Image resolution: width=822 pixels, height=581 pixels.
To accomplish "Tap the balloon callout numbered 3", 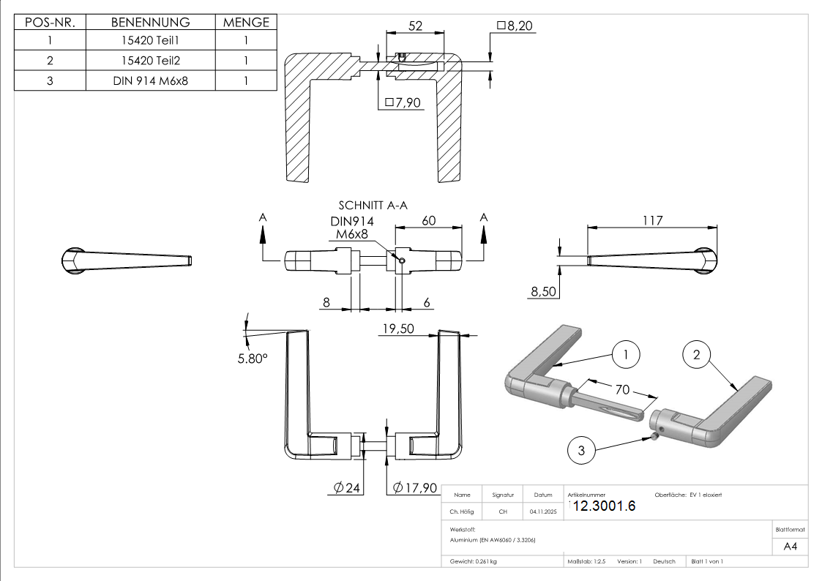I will tap(582, 451).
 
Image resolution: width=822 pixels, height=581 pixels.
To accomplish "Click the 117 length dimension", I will tap(652, 220).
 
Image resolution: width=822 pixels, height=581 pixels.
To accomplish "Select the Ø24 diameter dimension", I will tap(348, 488).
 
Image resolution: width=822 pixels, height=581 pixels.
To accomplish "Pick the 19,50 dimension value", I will tap(397, 329).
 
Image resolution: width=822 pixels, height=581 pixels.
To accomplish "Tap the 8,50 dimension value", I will tap(544, 292).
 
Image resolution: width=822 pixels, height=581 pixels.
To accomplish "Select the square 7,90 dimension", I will tap(403, 103).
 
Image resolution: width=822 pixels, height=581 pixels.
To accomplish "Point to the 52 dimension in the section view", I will tap(416, 26).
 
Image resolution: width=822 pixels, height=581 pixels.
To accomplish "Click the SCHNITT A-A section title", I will tap(373, 206).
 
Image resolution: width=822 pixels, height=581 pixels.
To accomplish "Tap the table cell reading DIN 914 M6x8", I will tap(151, 80).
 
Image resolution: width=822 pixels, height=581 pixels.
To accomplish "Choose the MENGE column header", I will tap(246, 23).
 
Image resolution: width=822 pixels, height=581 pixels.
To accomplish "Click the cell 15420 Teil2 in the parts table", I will tap(151, 61).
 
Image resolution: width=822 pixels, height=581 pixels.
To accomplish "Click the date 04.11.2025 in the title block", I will tap(543, 512).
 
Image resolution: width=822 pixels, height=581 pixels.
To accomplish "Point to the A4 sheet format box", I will tap(791, 546).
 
